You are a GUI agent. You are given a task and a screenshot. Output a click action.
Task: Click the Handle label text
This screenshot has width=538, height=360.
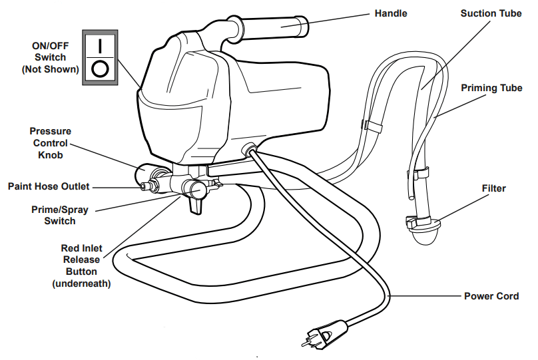(x=390, y=13)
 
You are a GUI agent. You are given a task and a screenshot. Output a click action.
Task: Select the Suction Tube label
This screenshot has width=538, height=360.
(x=491, y=13)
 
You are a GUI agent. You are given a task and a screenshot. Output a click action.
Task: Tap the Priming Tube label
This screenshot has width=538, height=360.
(x=491, y=88)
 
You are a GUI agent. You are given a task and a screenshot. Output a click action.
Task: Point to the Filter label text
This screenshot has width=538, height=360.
(x=493, y=188)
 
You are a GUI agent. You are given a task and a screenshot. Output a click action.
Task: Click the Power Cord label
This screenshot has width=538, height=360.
(x=491, y=295)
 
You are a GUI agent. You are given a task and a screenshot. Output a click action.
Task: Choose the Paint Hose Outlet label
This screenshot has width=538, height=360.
(x=49, y=186)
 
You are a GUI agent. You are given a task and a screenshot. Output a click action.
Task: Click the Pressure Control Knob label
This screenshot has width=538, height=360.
(x=50, y=143)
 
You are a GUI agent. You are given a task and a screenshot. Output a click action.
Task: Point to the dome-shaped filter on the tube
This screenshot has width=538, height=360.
(x=423, y=234)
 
